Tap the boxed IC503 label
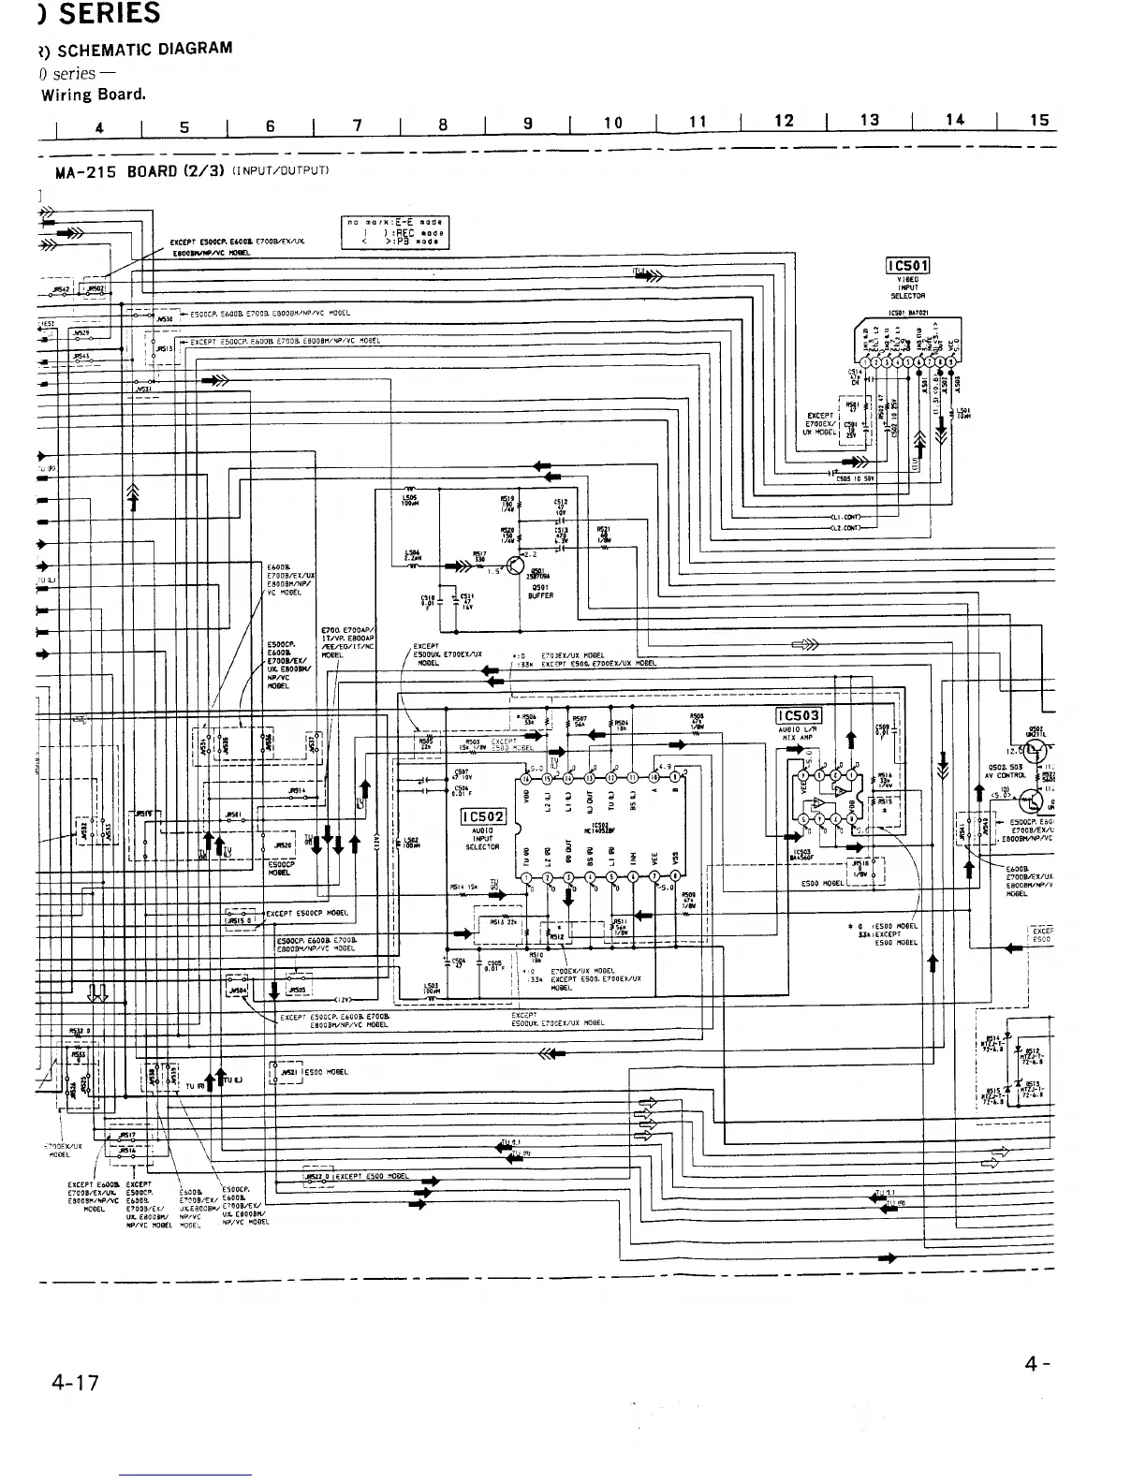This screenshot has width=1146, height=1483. [799, 717]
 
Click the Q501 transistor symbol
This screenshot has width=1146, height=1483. [515, 565]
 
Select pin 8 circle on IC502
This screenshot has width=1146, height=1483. [676, 877]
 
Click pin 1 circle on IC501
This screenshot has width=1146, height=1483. [864, 364]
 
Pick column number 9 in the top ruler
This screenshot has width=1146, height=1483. [528, 123]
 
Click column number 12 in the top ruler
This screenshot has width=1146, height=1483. [784, 121]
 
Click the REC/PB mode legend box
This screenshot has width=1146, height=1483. [397, 232]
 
